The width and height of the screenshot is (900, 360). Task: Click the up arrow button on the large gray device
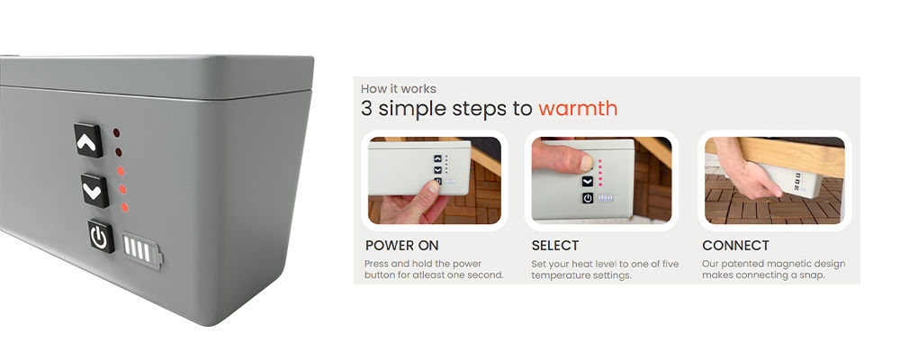click(88, 140)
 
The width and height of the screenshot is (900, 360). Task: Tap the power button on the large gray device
click(101, 236)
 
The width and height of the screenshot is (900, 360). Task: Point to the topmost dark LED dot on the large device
click(116, 133)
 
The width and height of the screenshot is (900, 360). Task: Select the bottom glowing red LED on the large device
click(124, 207)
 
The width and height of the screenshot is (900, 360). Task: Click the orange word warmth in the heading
click(578, 109)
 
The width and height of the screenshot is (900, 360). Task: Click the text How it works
click(399, 89)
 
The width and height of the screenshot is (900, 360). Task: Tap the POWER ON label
click(401, 246)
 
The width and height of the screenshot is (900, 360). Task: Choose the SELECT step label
click(555, 246)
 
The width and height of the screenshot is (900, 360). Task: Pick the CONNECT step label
click(735, 246)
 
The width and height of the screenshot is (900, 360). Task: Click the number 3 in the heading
click(367, 109)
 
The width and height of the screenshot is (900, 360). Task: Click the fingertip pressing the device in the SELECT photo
click(585, 164)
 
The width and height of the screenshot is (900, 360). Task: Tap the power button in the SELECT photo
click(588, 198)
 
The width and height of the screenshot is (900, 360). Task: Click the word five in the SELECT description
click(669, 264)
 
